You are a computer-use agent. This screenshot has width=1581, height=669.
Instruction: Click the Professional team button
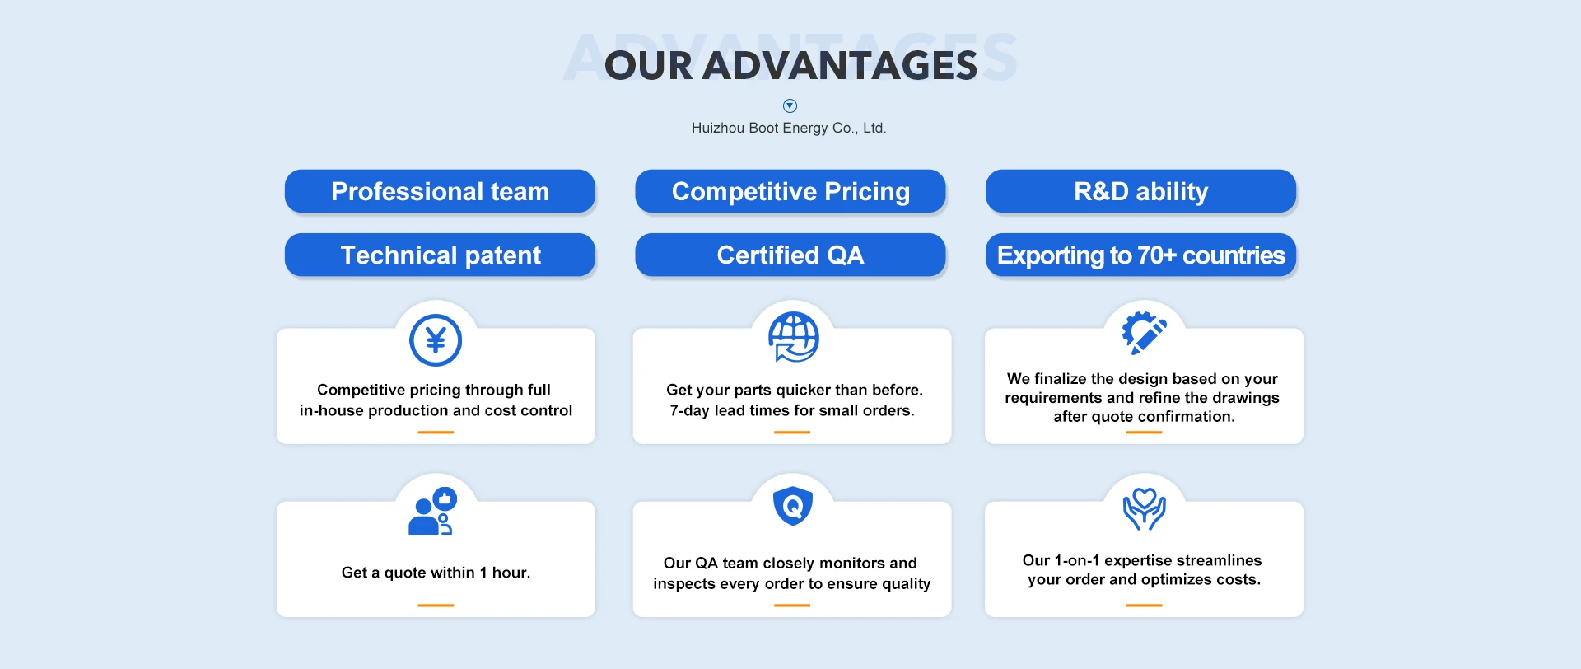coord(440,191)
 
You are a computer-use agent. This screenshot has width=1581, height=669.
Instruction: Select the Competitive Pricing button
coord(790,191)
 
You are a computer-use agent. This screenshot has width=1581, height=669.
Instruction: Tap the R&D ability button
coord(1140,191)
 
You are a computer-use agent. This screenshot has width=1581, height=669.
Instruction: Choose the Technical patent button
coord(440,255)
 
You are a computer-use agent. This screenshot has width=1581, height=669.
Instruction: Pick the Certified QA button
coord(790,255)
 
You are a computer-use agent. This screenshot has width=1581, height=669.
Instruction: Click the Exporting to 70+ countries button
coord(1140,255)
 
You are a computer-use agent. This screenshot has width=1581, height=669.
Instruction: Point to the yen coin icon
coord(436,340)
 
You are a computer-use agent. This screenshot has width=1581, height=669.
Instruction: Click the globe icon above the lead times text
coord(793,337)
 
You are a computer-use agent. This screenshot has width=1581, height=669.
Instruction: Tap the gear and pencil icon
coord(1144,333)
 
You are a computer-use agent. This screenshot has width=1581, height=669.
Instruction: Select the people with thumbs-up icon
coord(432,512)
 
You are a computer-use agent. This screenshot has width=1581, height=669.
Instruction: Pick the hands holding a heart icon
coord(1144,508)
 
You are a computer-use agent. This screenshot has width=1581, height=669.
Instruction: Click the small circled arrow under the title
coord(790,105)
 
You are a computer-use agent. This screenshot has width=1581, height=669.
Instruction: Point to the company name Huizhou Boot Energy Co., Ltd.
coord(789,128)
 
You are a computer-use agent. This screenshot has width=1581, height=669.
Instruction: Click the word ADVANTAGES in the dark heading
coord(840,66)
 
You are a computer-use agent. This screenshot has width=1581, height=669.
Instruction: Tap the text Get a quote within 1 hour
coord(436,573)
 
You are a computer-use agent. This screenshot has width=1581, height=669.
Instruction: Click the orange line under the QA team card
coord(792,606)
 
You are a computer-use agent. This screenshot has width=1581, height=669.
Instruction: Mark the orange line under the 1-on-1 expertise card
coord(1144,606)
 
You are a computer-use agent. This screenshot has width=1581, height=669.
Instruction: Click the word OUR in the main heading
coord(649,66)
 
